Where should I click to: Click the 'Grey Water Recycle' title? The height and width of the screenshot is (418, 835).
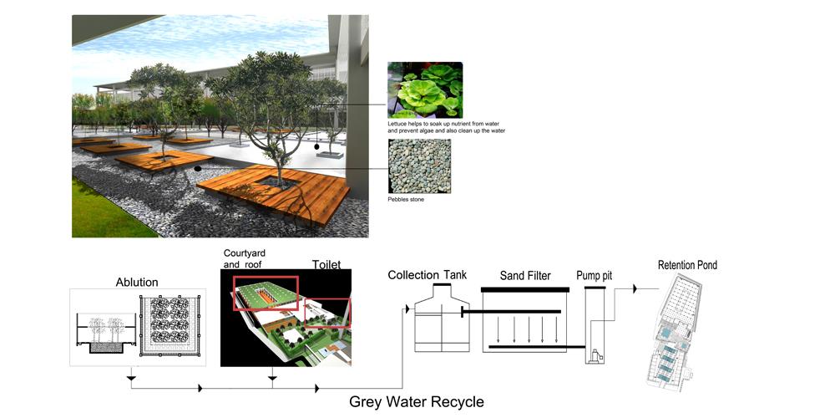(417, 401)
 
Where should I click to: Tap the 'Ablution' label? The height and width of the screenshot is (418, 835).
(137, 282)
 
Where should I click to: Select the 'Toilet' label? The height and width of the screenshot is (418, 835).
(326, 264)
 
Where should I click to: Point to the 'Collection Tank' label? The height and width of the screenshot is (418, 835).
(427, 275)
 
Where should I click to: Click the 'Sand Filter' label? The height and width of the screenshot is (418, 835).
(525, 276)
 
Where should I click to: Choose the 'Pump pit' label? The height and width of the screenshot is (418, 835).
(595, 276)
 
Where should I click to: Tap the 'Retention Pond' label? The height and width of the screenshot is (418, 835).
(687, 265)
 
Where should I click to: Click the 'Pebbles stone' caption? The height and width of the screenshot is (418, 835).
(407, 200)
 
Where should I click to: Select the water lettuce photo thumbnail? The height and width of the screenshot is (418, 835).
(425, 89)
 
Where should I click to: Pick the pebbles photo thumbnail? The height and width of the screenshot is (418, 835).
(420, 166)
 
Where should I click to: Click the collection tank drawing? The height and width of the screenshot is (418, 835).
(442, 318)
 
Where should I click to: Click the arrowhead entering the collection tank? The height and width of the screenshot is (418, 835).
(407, 309)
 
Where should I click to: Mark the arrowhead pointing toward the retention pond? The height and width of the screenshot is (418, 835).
(635, 289)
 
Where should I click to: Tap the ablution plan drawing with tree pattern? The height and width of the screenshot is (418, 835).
(170, 326)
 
